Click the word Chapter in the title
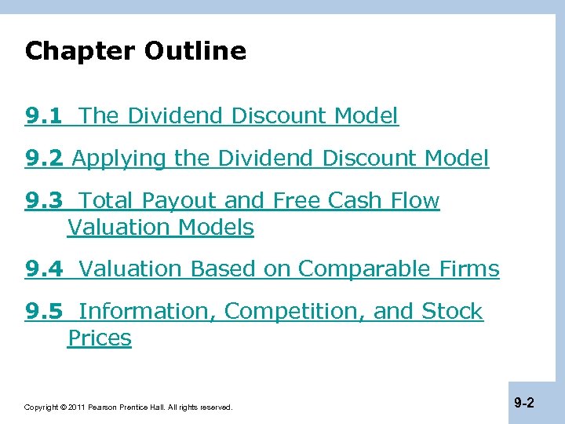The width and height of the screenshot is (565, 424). pos(80,52)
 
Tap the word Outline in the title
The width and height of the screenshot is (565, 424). pos(195,52)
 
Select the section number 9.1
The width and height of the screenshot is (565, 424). pos(45,116)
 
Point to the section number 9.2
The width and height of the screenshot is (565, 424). pos(45,159)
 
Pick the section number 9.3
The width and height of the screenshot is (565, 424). pos(45,201)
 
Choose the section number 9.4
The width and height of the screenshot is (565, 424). pos(45,269)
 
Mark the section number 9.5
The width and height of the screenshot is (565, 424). pos(45,312)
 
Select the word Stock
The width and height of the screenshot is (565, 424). pos(452,312)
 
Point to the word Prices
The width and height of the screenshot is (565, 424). pos(100,338)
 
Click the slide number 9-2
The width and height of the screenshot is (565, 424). pos(524,404)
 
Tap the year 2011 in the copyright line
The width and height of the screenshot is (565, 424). pos(75,408)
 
